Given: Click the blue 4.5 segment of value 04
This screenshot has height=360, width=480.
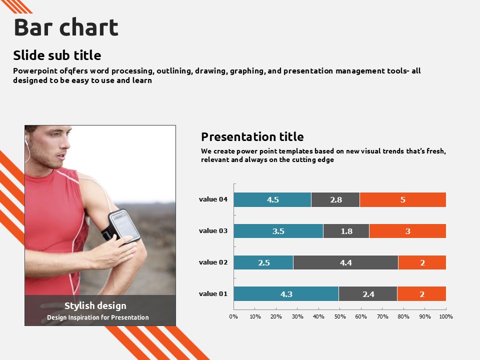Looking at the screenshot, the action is [x=272, y=199].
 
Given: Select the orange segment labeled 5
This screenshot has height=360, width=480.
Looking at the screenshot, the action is [x=403, y=199].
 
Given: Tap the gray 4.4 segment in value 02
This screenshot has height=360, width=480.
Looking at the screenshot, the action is [x=345, y=262].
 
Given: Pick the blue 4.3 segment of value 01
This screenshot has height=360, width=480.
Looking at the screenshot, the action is [x=286, y=294].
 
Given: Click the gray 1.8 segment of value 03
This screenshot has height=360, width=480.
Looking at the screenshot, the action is [x=346, y=231].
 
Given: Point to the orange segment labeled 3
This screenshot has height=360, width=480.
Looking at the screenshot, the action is [x=407, y=231].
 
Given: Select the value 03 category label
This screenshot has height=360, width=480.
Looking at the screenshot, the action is [x=213, y=231].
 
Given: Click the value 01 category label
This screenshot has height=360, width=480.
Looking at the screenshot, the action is [x=213, y=294].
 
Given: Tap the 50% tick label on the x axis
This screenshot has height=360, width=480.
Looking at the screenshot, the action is [x=340, y=316].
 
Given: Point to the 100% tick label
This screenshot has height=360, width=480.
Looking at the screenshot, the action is [x=446, y=316].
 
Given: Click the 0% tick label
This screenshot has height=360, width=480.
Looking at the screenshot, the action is [x=233, y=316].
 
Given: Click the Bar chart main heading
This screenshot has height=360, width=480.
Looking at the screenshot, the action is [x=66, y=27].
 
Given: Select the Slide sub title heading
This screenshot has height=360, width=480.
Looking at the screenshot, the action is [x=57, y=55].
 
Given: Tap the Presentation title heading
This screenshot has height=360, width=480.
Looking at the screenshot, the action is [x=252, y=137].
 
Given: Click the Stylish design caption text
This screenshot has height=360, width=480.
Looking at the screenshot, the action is [x=95, y=306].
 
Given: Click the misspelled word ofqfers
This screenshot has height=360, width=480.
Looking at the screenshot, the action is [x=73, y=71].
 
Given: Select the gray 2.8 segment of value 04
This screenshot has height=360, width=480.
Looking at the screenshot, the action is [x=335, y=199].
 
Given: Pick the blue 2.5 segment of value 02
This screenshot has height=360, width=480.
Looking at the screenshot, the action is [x=263, y=262].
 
